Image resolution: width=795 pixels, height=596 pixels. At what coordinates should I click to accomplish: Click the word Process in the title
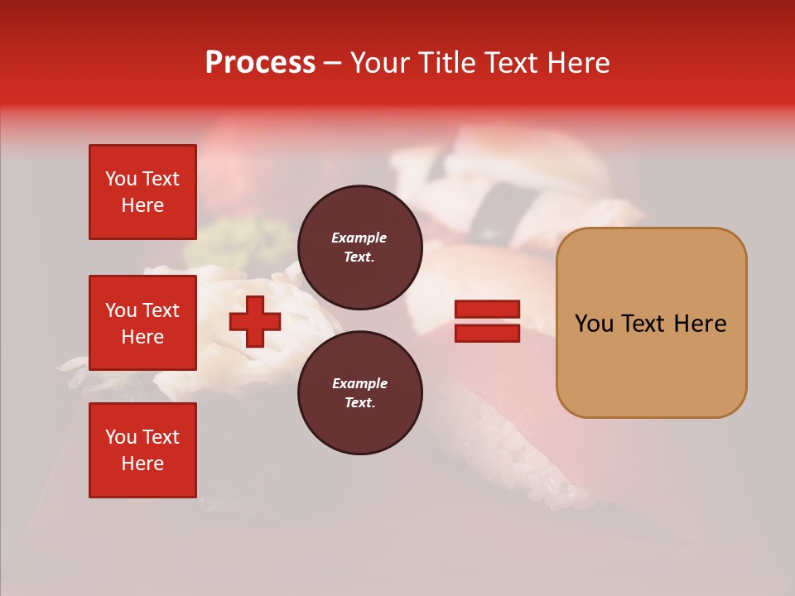click(260, 63)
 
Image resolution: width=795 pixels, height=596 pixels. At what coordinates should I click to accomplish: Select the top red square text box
click(142, 192)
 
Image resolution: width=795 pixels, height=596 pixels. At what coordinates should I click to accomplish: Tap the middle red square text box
click(142, 323)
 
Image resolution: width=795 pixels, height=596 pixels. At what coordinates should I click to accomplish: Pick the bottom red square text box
click(142, 450)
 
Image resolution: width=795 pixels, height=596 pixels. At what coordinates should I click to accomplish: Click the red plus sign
click(255, 322)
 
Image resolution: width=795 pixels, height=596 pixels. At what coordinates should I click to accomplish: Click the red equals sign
click(488, 322)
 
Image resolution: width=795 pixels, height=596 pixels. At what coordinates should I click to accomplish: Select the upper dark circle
click(360, 248)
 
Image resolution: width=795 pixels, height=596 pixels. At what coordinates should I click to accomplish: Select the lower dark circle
click(360, 393)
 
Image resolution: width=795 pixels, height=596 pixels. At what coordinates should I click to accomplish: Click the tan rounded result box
click(651, 322)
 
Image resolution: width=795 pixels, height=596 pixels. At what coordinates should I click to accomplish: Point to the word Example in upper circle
click(359, 238)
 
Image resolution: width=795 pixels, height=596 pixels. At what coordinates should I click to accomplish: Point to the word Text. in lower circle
click(360, 403)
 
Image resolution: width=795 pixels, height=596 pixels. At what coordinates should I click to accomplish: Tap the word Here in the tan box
click(700, 324)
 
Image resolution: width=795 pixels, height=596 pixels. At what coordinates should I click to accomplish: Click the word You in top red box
click(121, 179)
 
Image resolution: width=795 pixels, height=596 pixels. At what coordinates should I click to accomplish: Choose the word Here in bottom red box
click(142, 464)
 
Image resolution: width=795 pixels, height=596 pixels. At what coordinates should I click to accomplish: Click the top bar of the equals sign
click(488, 310)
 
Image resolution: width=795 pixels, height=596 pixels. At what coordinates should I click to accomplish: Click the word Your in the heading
click(382, 63)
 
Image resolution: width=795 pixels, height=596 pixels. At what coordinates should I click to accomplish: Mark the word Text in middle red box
click(160, 310)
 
